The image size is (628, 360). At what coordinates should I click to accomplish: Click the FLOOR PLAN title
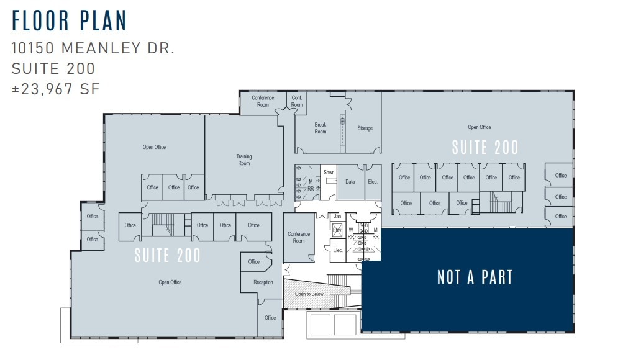(x=69, y=20)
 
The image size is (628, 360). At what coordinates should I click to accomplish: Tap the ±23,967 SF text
(x=55, y=89)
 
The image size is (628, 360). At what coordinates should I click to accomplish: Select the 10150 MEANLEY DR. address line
(x=93, y=48)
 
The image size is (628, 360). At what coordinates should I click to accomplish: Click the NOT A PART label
(x=475, y=277)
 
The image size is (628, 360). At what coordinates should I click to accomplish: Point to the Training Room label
(x=243, y=160)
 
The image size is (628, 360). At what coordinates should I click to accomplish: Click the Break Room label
(x=320, y=128)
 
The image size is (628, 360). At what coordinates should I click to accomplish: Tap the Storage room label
(x=365, y=128)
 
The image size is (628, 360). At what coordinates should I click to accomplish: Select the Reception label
(x=263, y=282)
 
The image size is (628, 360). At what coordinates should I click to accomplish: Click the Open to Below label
(x=309, y=294)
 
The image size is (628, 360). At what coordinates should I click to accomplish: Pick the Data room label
(x=350, y=182)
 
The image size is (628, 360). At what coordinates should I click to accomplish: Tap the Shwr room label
(x=329, y=172)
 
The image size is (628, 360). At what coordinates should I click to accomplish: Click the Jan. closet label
(x=338, y=216)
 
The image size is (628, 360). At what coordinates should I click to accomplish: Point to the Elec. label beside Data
(x=373, y=182)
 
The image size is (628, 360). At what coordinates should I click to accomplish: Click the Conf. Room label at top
(x=297, y=101)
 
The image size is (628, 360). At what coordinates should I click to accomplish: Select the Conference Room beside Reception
(x=299, y=237)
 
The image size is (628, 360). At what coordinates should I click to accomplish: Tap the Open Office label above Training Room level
(x=154, y=147)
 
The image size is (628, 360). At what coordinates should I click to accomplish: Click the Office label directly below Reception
(x=270, y=318)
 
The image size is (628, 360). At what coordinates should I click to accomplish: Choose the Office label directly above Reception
(x=254, y=262)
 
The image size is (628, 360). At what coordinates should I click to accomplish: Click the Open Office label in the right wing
(x=479, y=127)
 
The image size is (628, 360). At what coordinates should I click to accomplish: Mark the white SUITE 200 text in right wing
(x=485, y=148)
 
